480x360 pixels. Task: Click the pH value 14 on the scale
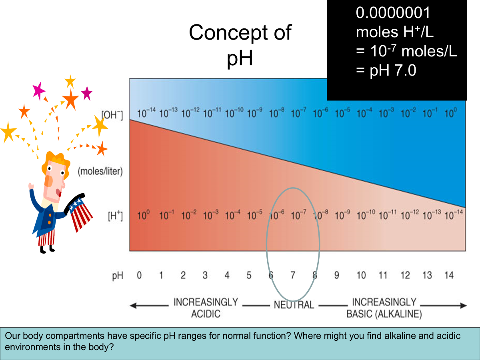point(449,275)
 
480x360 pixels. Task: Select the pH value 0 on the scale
point(139,275)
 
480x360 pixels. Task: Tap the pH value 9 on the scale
point(337,275)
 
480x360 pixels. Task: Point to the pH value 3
point(205,275)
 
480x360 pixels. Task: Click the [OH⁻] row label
point(112,115)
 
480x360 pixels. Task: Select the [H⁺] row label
point(115,216)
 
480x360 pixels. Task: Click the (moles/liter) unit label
point(100,171)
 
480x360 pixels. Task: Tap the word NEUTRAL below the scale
point(294,305)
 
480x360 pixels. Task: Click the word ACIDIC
point(206,314)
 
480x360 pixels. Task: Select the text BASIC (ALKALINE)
point(384,314)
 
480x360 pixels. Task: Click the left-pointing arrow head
point(133,305)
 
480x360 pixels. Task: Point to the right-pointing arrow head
point(463,305)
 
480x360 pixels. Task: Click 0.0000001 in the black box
point(393,13)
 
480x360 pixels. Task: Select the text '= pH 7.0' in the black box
point(386,71)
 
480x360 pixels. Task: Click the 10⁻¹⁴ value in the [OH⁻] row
point(146,113)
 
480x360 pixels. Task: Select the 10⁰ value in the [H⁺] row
point(144,215)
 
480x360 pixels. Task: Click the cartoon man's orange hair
point(56,162)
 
